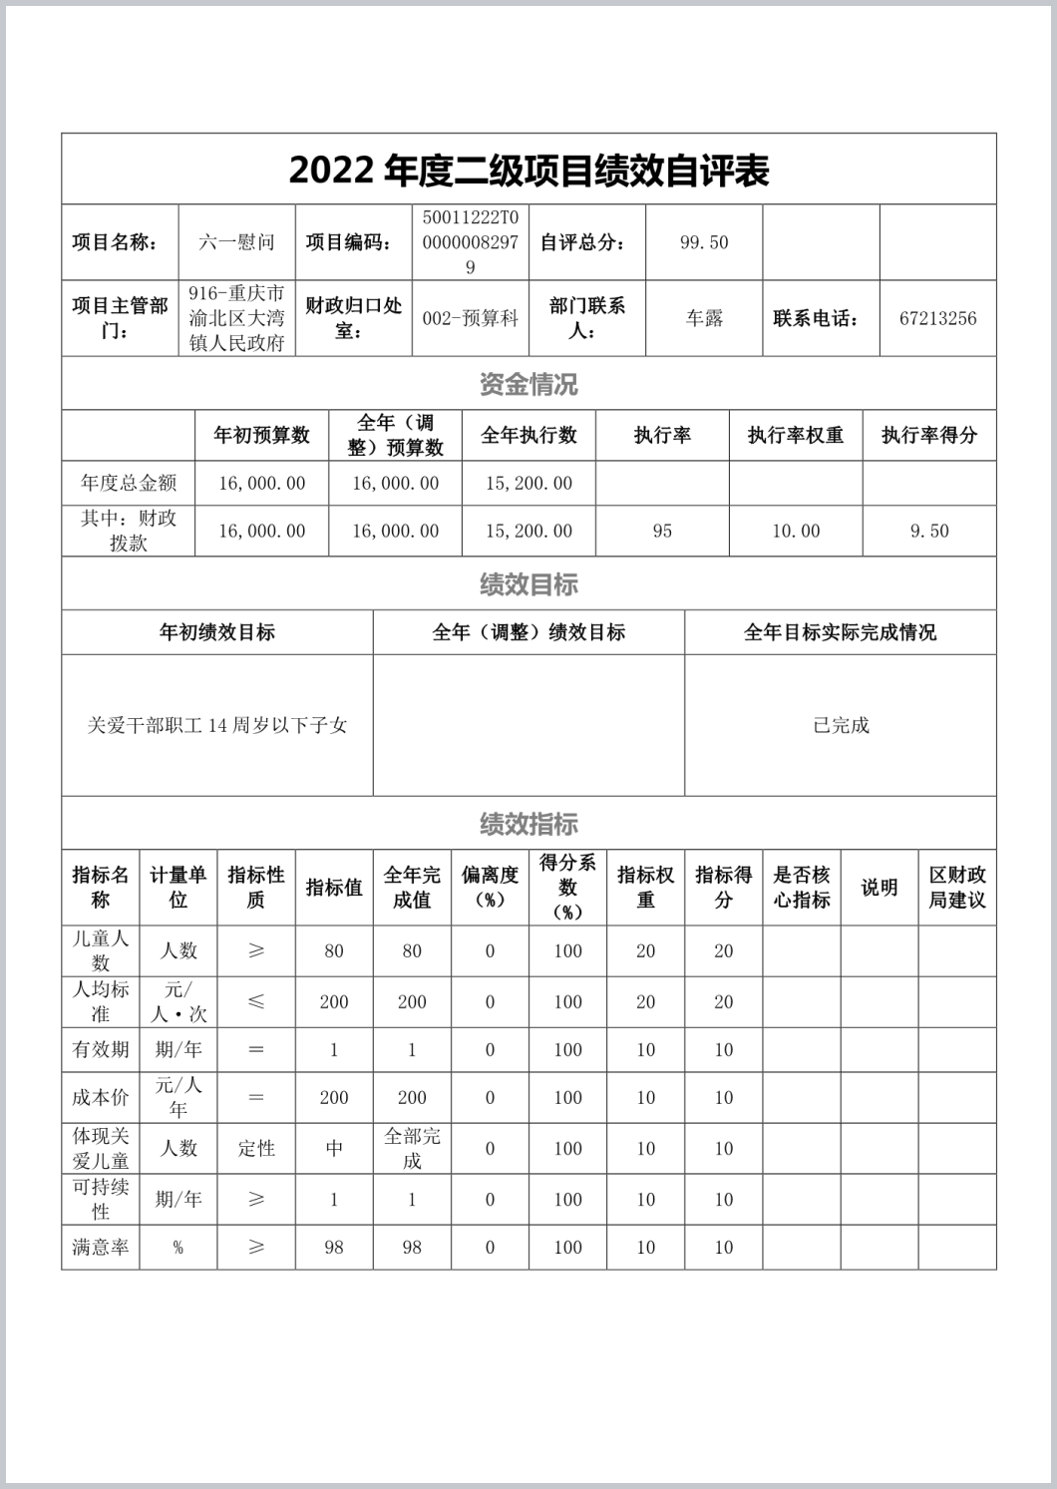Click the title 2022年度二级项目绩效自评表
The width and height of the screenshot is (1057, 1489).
click(x=528, y=171)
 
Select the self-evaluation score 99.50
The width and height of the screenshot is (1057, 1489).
click(x=704, y=242)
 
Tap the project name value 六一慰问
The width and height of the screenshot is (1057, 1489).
click(x=236, y=242)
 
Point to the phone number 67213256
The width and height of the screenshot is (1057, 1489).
click(x=937, y=319)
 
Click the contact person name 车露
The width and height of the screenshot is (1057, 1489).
click(x=704, y=319)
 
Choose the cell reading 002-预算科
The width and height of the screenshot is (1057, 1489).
click(x=471, y=319)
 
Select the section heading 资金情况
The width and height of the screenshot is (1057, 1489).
click(x=528, y=384)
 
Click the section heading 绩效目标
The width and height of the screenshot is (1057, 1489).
click(x=528, y=584)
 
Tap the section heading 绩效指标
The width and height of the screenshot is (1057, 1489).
click(x=528, y=824)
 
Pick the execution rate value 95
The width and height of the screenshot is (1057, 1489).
click(x=662, y=532)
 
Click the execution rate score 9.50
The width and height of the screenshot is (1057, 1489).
click(x=929, y=532)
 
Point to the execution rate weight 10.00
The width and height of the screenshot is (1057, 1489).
click(x=796, y=532)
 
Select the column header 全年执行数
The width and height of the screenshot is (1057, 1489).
click(x=528, y=436)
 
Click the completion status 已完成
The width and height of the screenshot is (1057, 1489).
click(x=841, y=726)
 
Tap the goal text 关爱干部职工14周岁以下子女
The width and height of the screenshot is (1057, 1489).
click(x=217, y=726)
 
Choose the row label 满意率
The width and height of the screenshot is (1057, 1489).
click(x=100, y=1248)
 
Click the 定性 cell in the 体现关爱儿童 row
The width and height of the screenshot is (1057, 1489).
click(x=256, y=1149)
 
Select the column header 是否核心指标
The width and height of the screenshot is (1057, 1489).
click(x=802, y=888)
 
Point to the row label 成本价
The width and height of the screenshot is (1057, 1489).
click(x=100, y=1098)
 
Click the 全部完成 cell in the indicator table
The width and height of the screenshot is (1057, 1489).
click(x=412, y=1149)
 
